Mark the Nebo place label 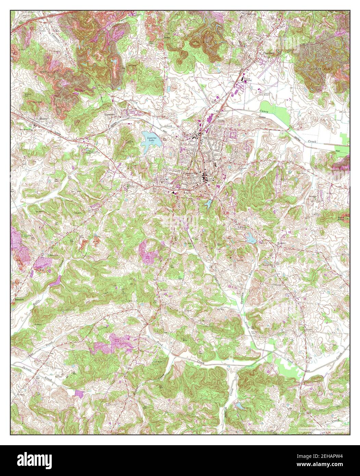167,38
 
